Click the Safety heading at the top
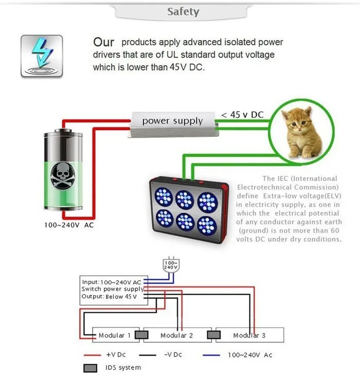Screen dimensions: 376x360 (x=183, y=11)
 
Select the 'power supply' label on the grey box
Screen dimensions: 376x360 (x=172, y=121)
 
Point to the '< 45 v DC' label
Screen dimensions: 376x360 (x=242, y=114)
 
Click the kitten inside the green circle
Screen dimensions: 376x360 (x=303, y=132)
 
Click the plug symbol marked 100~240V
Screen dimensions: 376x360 (x=170, y=265)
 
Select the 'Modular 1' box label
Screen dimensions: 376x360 (x=114, y=335)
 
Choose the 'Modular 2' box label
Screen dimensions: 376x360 (x=176, y=335)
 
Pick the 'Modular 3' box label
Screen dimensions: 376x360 (x=249, y=335)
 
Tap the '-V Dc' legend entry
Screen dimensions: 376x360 (x=172, y=354)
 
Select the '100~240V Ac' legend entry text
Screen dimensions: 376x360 (x=250, y=354)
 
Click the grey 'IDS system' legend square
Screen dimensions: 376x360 (x=91, y=368)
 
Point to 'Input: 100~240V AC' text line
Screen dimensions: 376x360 (x=112, y=282)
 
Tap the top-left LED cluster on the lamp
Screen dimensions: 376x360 (x=164, y=196)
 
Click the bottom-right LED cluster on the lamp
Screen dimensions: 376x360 (x=207, y=225)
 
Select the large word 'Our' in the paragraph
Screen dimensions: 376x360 (x=103, y=42)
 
